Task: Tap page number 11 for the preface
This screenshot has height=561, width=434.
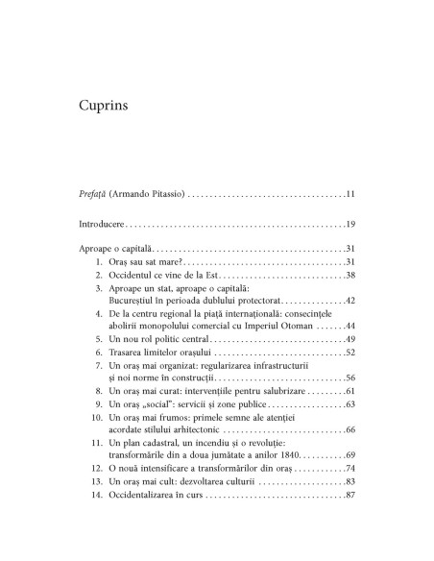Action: (x=350, y=195)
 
